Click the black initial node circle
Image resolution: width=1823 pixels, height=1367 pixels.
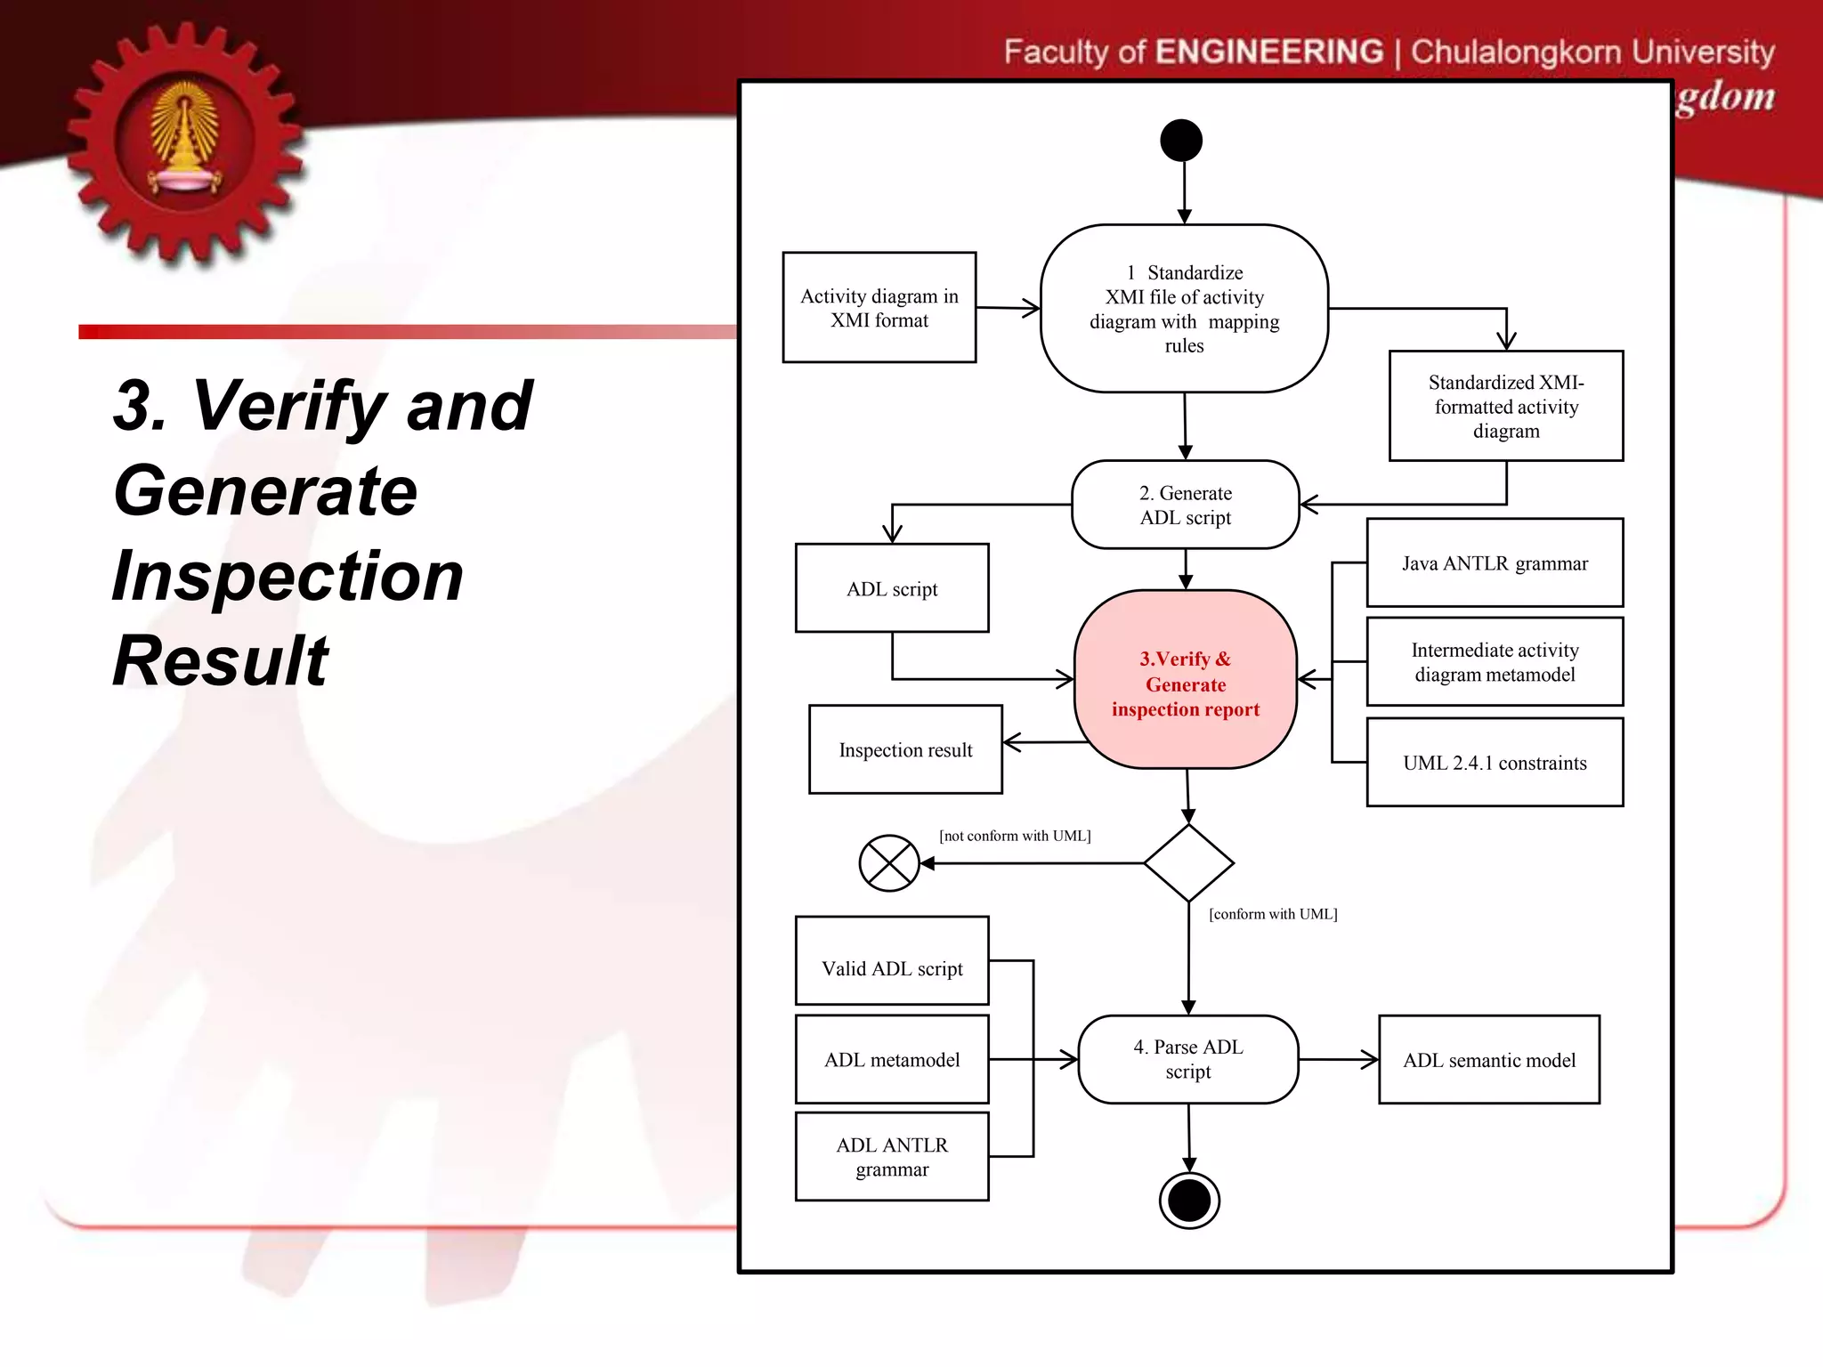[x=1181, y=141]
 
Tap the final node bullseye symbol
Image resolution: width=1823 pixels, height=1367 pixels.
[x=1189, y=1201]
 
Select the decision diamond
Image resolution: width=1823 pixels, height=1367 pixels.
[x=1188, y=862]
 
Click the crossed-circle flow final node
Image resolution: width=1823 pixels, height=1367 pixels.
[x=888, y=862]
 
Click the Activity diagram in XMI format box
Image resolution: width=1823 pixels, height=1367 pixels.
[x=879, y=307]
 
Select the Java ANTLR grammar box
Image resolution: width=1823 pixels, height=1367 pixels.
[x=1494, y=563]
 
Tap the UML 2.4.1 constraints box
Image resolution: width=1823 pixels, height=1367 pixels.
[x=1494, y=762]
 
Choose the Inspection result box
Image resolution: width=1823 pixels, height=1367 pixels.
[x=904, y=749]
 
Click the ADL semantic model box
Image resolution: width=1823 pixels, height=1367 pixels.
[x=1488, y=1059]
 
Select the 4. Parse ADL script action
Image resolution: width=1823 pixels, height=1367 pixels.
[x=1187, y=1059]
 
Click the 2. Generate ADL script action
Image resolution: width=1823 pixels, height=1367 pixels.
[x=1185, y=505]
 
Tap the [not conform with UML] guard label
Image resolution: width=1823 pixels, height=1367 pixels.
[x=1014, y=836]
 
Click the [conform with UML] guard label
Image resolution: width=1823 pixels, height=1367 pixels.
[x=1272, y=914]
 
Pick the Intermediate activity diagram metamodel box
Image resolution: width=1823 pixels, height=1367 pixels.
[x=1494, y=662]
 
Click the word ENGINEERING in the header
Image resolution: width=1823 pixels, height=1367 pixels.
[x=1268, y=52]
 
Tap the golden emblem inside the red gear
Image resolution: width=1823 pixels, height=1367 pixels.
[x=185, y=138]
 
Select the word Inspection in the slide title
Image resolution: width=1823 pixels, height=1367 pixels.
[x=288, y=576]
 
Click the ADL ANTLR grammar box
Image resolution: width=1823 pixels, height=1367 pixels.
[x=891, y=1156]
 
